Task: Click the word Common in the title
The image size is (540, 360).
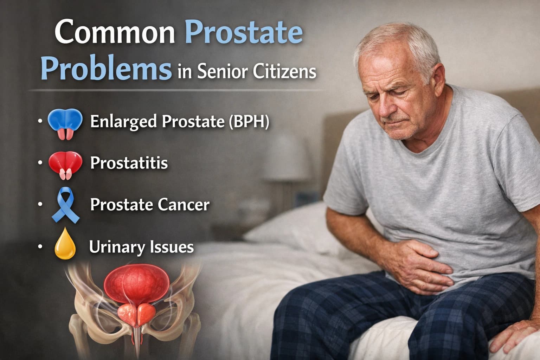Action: [115, 32]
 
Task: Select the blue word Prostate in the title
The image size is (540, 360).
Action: [243, 32]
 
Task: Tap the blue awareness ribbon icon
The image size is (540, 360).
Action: [65, 205]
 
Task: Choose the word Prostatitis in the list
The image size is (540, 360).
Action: [129, 163]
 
